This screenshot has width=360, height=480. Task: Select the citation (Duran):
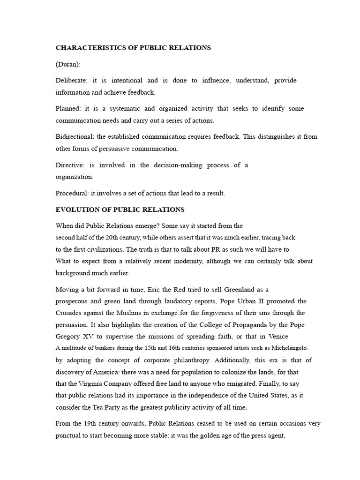[x=68, y=64]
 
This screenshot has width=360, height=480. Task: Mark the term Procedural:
[x=72, y=193]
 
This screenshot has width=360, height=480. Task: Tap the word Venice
[x=277, y=336]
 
